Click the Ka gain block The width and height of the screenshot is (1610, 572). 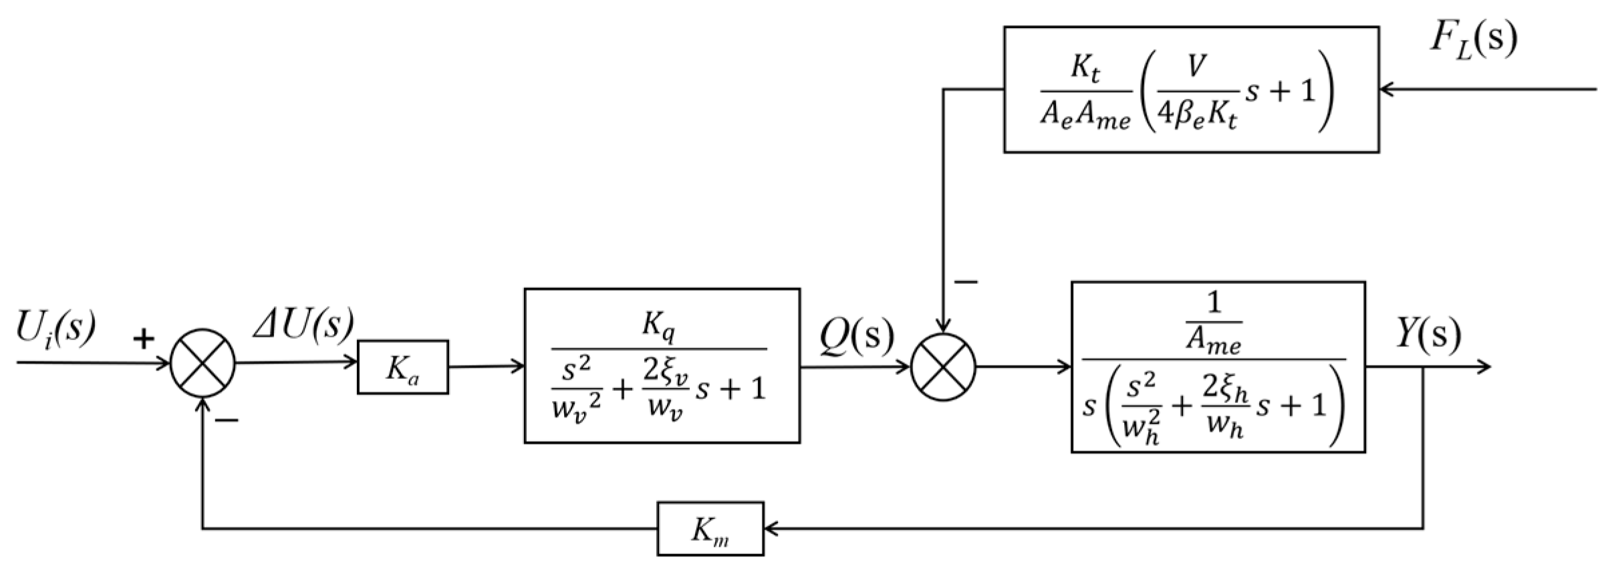pos(402,367)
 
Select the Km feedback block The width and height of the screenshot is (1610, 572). pos(710,529)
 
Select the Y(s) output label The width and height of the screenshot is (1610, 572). pos(1428,333)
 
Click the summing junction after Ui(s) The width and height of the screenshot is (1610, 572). pos(203,363)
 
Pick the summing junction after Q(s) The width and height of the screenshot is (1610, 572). pos(943,367)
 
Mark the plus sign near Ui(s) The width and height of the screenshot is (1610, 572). pos(143,339)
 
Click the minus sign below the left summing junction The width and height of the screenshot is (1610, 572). pos(227,420)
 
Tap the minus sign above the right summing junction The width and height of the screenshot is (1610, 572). pos(966,282)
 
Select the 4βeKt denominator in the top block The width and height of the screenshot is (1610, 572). pos(1196,118)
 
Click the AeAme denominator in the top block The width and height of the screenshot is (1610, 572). pos(1085,118)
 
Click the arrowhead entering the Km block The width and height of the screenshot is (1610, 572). pos(771,529)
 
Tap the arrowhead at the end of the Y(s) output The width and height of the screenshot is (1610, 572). pos(1483,366)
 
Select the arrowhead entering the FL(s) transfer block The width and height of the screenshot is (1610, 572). pos(1386,88)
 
